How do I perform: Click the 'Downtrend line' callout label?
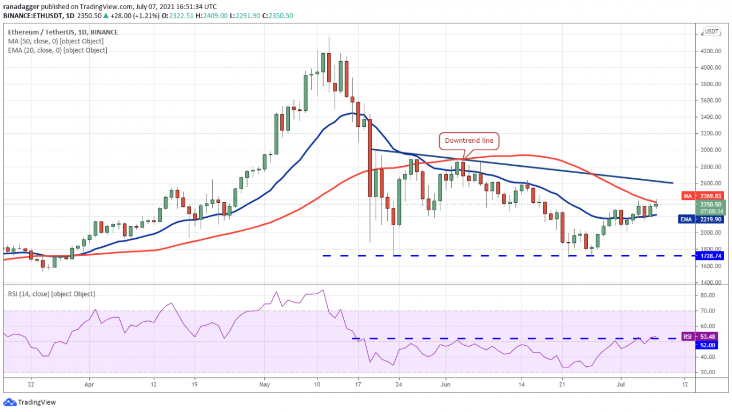pos(470,141)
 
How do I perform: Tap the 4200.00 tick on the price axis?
pos(711,51)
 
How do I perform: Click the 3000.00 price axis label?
pos(711,150)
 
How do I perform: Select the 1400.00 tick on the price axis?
pos(711,283)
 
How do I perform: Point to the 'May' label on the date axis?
pos(264,385)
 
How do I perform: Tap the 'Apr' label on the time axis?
pos(89,385)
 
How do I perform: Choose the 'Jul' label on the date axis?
pos(620,385)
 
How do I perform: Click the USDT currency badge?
pos(711,31)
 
